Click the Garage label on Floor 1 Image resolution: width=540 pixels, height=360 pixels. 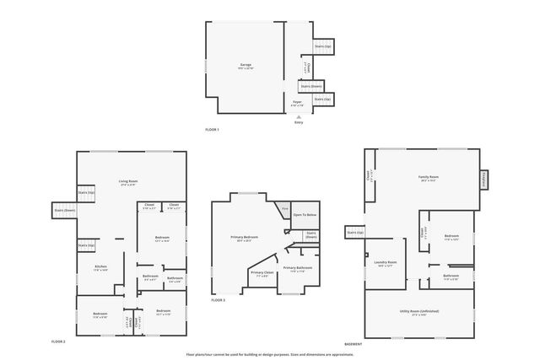pyautogui.click(x=246, y=65)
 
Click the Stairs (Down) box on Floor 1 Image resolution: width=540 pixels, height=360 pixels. pyautogui.click(x=311, y=85)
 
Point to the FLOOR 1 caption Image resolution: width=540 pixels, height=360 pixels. pyautogui.click(x=212, y=129)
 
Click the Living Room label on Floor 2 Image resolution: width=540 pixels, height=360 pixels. pyautogui.click(x=128, y=182)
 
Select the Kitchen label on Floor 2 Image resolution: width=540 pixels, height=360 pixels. pyautogui.click(x=100, y=267)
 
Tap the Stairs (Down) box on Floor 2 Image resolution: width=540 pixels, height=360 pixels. pyautogui.click(x=64, y=210)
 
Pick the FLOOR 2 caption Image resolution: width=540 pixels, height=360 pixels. pyautogui.click(x=58, y=341)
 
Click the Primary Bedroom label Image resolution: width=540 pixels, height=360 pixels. pyautogui.click(x=245, y=238)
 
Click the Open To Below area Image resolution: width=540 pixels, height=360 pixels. pyautogui.click(x=305, y=215)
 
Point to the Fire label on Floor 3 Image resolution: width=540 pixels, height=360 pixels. pyautogui.click(x=285, y=208)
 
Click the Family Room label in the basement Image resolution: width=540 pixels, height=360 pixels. pyautogui.click(x=429, y=178)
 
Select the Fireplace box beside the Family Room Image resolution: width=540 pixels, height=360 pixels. pyautogui.click(x=484, y=179)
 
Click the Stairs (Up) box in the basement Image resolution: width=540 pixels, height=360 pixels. pyautogui.click(x=354, y=232)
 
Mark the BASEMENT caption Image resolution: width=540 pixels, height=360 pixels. pyautogui.click(x=354, y=344)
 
